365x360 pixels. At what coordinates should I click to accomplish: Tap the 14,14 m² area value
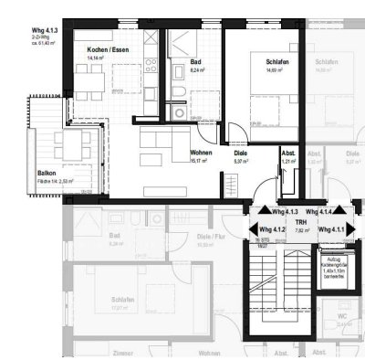(x=97, y=58)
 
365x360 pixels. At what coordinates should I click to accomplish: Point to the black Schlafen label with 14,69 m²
(x=276, y=63)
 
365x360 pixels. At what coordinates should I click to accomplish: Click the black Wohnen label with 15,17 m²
(x=203, y=153)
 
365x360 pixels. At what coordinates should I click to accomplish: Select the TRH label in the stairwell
(x=299, y=221)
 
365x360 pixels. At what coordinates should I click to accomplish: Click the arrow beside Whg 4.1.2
(x=252, y=229)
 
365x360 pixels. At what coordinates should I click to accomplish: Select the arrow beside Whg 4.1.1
(x=347, y=229)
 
